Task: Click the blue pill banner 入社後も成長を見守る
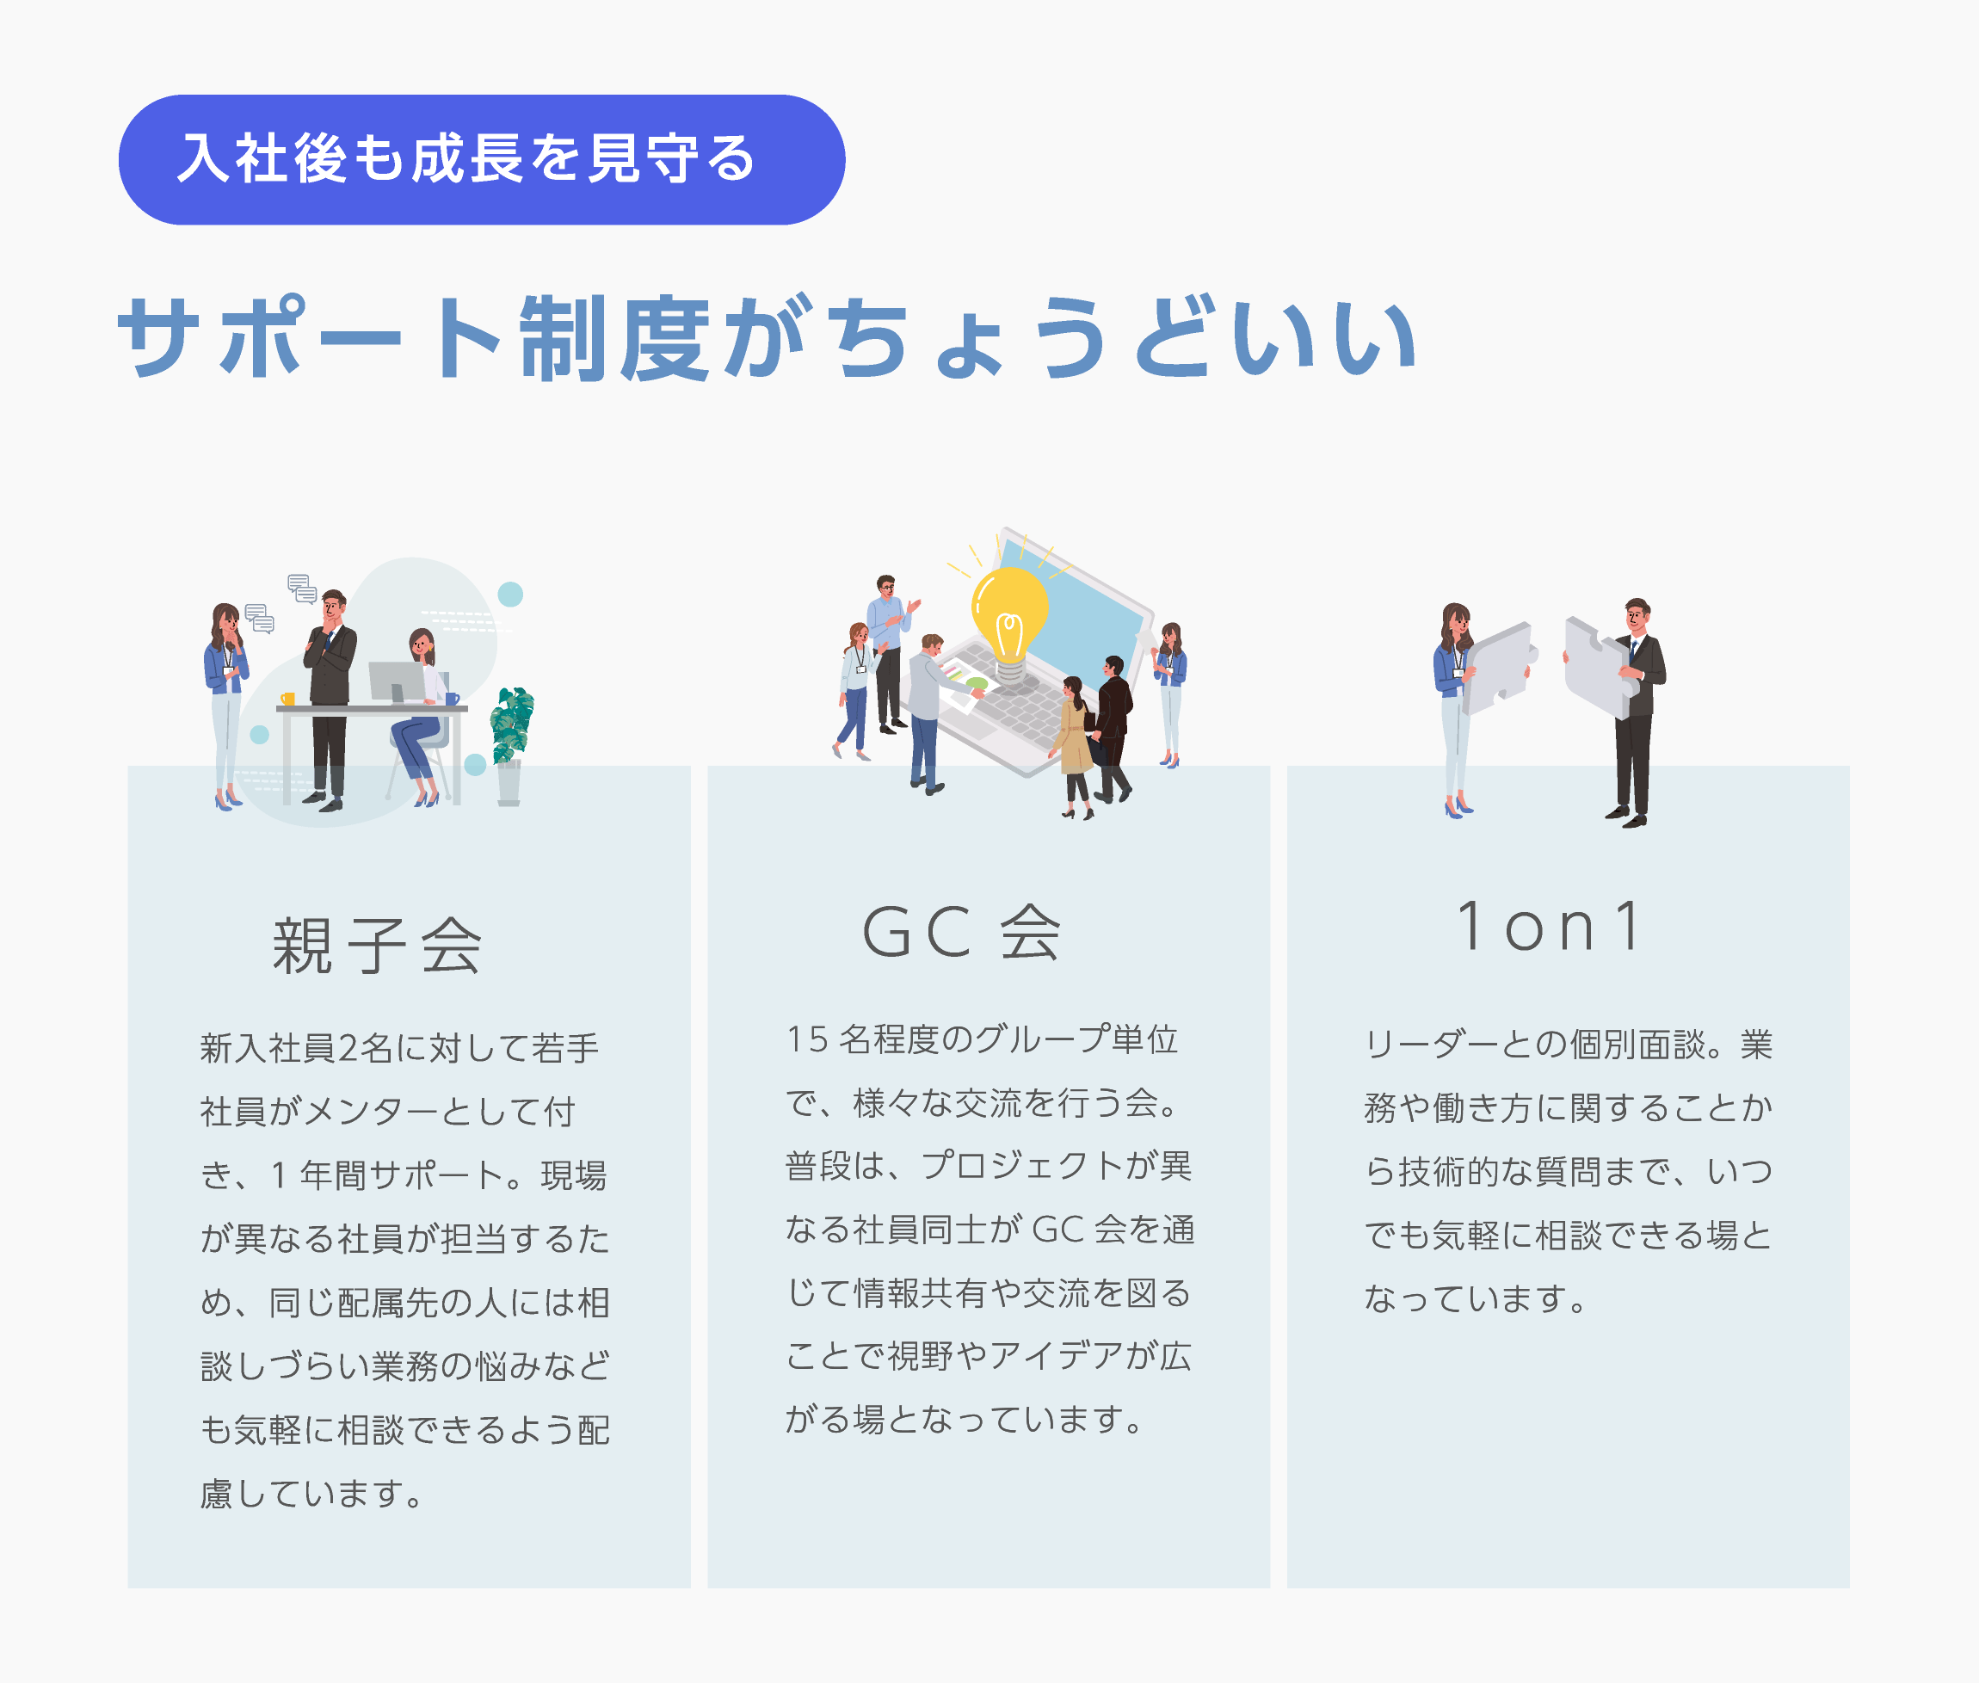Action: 482,159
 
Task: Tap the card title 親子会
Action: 377,946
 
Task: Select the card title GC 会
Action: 962,932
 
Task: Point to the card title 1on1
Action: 1548,927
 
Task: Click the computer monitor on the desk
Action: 397,683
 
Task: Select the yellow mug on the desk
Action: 287,699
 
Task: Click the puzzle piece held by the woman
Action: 1498,669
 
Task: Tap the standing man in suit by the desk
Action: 330,700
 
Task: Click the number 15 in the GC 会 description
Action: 806,1039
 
